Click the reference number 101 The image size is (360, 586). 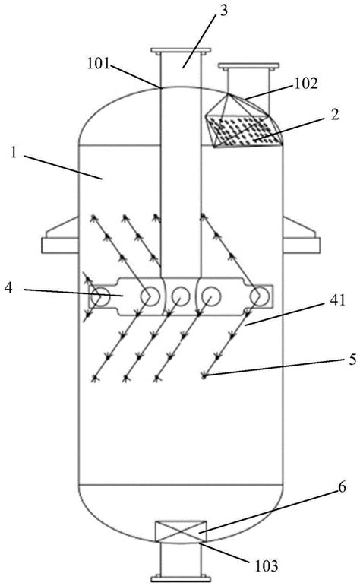[99, 64]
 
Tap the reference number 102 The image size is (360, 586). [306, 83]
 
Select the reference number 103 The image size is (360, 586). [267, 565]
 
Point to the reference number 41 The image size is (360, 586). [337, 300]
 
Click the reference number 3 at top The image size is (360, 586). [223, 11]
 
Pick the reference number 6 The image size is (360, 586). [342, 487]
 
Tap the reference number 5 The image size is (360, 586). [352, 360]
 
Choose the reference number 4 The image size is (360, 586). [9, 288]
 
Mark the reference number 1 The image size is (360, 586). [14, 153]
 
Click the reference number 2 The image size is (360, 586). [335, 114]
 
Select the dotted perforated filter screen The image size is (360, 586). [243, 131]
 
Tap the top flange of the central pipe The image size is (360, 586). [181, 50]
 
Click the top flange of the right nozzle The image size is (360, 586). [248, 66]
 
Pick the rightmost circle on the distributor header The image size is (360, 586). [260, 296]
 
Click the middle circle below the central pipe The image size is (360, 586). [181, 296]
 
